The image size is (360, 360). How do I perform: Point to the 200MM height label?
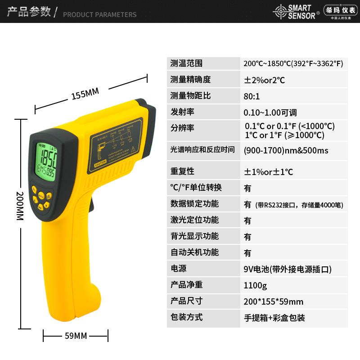[19, 206]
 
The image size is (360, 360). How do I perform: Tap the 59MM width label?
[75, 336]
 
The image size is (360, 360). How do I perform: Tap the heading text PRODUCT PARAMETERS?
[99, 14]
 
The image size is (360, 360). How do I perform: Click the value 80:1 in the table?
[252, 96]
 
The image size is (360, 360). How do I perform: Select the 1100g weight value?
[255, 285]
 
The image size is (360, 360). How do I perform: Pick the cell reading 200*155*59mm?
[273, 301]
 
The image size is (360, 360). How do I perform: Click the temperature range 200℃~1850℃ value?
[293, 63]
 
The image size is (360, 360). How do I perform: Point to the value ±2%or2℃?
[264, 80]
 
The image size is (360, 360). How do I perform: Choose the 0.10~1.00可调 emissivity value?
[270, 112]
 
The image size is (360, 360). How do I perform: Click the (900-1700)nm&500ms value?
[286, 150]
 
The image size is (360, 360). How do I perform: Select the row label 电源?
[178, 269]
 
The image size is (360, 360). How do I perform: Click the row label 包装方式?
[186, 317]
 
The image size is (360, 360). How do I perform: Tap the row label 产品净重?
[186, 285]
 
